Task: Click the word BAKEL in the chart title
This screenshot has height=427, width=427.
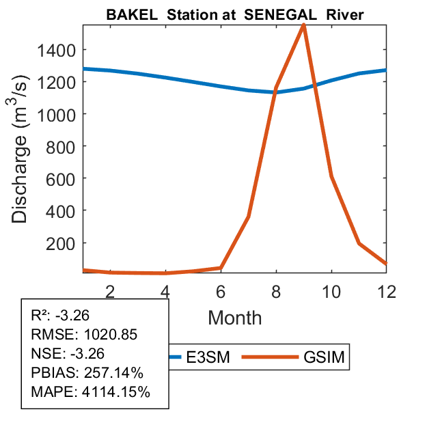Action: tap(128, 15)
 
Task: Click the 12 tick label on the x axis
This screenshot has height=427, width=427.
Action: tap(386, 291)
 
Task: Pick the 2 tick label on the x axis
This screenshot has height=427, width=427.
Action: tap(110, 291)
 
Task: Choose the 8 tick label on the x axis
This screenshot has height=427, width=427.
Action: tap(276, 291)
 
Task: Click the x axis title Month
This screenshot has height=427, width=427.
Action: tap(234, 317)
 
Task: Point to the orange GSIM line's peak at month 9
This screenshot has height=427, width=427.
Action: tap(303, 25)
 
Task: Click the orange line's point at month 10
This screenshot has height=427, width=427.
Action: tap(331, 176)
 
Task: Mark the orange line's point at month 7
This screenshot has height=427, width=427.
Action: tap(248, 217)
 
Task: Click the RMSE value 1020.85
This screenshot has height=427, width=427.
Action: tap(110, 335)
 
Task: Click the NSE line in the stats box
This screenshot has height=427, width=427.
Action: tap(66, 354)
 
